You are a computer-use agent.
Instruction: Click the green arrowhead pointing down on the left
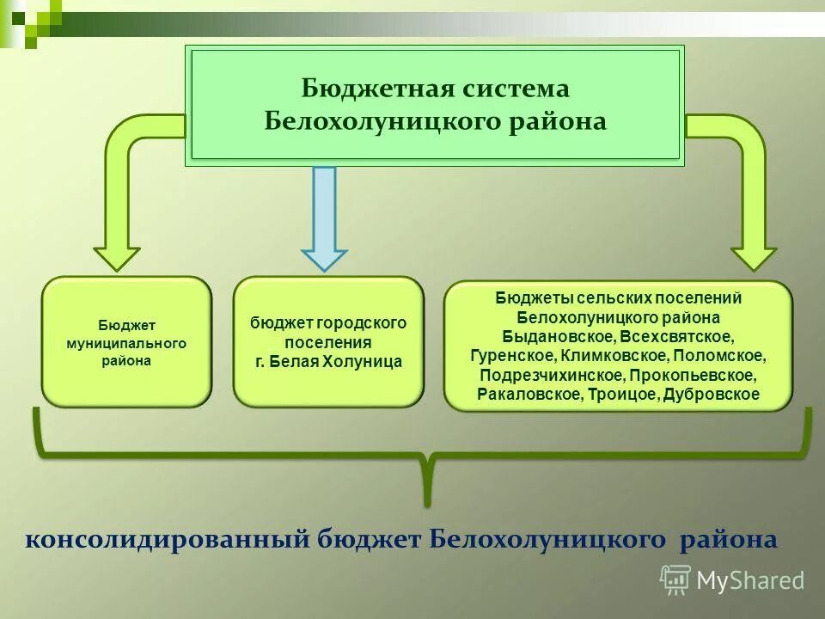(117, 258)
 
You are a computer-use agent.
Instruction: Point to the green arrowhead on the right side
(754, 258)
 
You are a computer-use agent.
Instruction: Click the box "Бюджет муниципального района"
(126, 341)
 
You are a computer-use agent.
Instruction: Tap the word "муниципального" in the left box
(126, 343)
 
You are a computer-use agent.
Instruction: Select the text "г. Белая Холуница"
(328, 362)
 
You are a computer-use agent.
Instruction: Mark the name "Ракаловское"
(529, 395)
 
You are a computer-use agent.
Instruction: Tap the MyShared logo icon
(675, 579)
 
